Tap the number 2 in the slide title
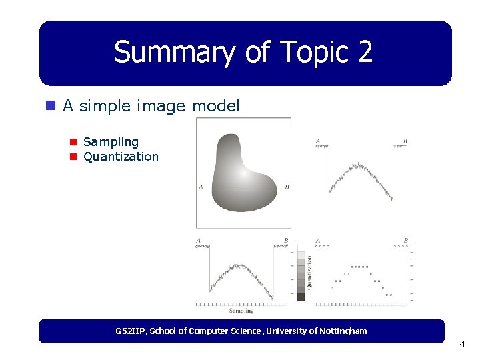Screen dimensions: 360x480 coord(365,52)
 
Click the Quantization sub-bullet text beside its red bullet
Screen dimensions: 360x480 coord(121,157)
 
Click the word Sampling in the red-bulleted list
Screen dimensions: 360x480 coord(111,142)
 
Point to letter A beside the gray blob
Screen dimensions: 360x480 coord(201,187)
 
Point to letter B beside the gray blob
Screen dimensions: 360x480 coord(287,187)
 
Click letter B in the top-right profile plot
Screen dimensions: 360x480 coord(405,141)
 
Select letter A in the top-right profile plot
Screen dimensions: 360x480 coord(317,141)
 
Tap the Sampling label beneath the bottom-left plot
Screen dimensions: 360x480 coord(241,311)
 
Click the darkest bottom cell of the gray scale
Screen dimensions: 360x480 coord(301,297)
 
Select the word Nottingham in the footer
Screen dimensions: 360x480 coord(343,331)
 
